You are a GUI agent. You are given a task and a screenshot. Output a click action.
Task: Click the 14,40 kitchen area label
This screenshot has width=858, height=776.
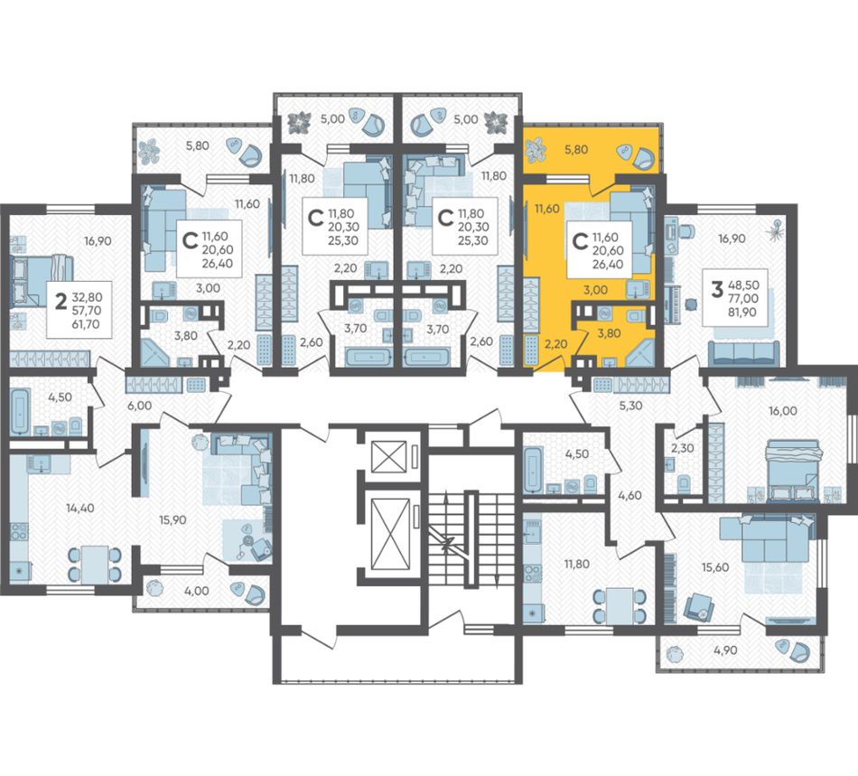[79, 508]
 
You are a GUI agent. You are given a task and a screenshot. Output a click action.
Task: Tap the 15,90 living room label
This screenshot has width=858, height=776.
[173, 519]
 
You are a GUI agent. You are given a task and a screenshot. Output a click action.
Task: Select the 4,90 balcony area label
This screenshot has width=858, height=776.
[725, 650]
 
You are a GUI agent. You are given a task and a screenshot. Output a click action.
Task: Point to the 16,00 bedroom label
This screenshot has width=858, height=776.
[782, 410]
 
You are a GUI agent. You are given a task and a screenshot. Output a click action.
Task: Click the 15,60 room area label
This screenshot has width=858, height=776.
[714, 567]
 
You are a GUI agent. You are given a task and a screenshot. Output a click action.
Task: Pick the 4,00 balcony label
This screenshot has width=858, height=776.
[197, 591]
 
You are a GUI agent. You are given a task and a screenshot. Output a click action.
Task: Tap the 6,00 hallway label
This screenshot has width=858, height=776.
[139, 405]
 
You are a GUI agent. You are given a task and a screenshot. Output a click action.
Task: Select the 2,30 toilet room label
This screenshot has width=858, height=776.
[683, 448]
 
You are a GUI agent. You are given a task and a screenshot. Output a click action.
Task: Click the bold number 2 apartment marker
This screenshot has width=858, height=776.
[62, 301]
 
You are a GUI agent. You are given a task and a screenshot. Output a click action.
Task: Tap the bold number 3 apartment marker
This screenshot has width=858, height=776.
[717, 288]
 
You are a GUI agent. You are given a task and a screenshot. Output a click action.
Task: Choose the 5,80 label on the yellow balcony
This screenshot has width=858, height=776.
[575, 148]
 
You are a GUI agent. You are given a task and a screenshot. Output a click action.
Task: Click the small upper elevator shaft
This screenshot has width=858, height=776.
[389, 456]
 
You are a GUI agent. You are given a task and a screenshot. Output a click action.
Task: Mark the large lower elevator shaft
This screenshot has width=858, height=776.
[390, 535]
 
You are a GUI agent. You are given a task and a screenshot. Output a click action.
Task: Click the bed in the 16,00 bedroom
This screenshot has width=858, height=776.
[794, 470]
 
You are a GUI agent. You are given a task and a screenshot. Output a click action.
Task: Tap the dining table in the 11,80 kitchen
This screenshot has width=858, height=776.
[620, 606]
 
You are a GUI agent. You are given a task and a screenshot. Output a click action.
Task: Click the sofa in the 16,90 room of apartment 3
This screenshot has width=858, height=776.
[744, 353]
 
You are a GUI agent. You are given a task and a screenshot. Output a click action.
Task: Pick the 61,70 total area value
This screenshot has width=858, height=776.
[87, 324]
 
